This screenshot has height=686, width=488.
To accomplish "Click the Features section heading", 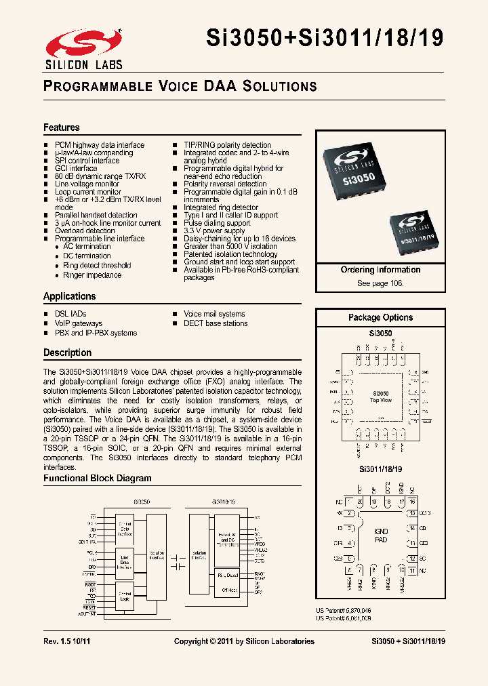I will (x=62, y=127).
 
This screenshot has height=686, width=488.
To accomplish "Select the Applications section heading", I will (x=70, y=296).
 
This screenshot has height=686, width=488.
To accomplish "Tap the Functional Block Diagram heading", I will (x=98, y=478).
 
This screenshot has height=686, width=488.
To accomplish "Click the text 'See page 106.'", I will (x=380, y=283).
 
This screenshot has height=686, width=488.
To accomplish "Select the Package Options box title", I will (x=380, y=317).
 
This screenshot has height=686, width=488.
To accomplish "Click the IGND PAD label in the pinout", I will (x=381, y=536).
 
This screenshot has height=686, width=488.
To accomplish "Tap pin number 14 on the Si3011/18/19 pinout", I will (x=412, y=528).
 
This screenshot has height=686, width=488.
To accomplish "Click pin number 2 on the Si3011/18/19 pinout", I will (x=349, y=514).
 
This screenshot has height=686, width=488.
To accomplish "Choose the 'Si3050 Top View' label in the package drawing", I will (x=381, y=397).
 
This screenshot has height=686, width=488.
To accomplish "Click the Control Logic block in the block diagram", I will (x=125, y=596).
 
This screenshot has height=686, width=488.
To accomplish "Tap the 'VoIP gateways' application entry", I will (x=79, y=323).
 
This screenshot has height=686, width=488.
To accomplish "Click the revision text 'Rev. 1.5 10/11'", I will (x=66, y=641).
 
